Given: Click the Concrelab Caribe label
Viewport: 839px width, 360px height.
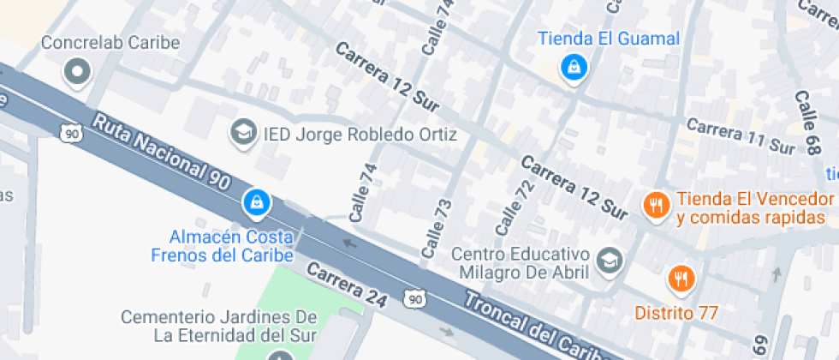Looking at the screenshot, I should (110, 42).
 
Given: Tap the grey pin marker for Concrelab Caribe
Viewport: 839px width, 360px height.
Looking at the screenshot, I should (79, 72).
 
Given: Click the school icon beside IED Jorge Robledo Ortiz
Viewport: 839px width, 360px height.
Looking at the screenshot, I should (245, 132).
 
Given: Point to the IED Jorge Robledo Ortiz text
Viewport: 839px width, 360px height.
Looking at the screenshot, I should (360, 135).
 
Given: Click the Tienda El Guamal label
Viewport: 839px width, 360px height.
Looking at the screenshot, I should (609, 39).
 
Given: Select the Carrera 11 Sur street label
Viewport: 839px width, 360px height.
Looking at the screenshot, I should (740, 136).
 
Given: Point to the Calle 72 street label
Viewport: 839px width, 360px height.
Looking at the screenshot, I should (509, 211).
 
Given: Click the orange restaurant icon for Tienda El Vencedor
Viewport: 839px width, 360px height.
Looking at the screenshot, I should (656, 204).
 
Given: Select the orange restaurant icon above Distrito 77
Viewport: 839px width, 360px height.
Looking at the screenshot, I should (681, 279).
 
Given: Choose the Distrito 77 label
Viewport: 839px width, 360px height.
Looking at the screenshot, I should (676, 313).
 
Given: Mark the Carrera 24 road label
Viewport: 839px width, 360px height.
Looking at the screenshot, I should (348, 285).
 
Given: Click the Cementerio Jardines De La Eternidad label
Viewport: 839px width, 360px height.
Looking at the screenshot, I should (219, 326).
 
